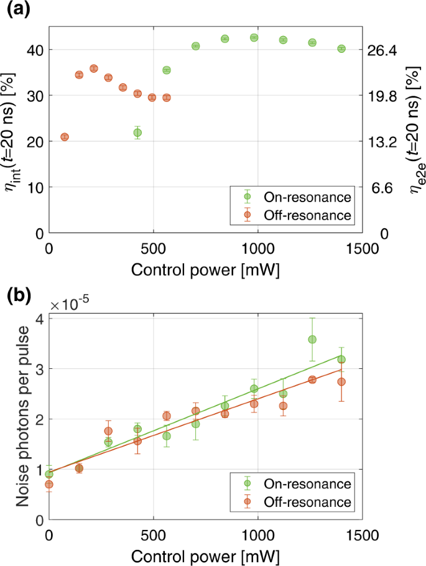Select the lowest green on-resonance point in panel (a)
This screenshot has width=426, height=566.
point(137,132)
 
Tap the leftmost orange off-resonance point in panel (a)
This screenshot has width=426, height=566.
point(65,137)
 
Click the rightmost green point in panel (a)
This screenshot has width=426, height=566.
point(341,49)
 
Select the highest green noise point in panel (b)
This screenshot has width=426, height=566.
point(312,339)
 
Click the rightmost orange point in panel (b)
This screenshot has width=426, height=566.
point(341,382)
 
